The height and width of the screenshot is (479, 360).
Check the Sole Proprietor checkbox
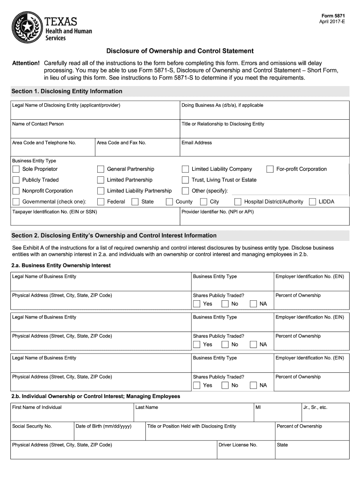16,169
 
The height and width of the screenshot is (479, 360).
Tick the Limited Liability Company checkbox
185,169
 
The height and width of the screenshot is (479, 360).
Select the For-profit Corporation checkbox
270,169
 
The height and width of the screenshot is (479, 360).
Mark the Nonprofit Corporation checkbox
16,191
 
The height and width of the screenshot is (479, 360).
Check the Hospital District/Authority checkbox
238,202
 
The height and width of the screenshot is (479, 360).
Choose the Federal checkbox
101,202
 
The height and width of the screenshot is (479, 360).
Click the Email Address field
264,149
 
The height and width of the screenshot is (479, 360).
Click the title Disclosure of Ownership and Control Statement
180,51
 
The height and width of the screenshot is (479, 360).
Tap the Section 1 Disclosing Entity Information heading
67,91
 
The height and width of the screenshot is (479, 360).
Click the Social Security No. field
42,433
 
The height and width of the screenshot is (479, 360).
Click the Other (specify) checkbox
185,191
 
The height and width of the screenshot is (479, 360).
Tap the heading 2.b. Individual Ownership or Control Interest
96,396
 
